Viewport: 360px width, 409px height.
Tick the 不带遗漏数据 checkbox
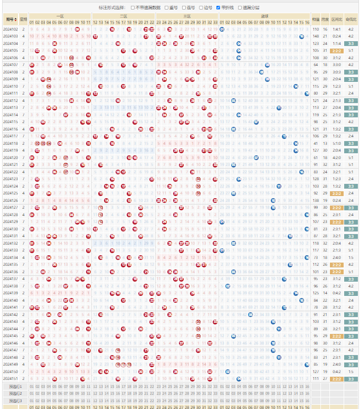(133, 8)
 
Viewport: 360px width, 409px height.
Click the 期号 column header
(10, 19)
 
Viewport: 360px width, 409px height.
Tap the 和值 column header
(316, 19)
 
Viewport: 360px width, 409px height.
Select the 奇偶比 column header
(351, 19)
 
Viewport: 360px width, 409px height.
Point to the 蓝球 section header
(264, 16)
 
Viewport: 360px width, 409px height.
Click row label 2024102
(10, 29)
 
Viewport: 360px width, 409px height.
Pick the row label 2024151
(10, 378)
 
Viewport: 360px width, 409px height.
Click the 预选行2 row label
(15, 393)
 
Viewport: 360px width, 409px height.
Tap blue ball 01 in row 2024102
(222, 29)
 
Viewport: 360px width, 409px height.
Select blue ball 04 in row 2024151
(239, 378)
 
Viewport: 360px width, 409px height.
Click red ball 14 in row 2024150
(106, 371)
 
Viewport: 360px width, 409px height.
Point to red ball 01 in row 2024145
(32, 336)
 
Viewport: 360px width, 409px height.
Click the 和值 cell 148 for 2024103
(316, 36)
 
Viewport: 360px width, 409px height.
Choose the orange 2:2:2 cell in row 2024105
(337, 51)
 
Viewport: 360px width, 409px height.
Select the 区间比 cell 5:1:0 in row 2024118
(337, 143)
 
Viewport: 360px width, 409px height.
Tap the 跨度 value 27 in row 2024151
(325, 378)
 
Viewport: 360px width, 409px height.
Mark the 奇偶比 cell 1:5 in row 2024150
(351, 371)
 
